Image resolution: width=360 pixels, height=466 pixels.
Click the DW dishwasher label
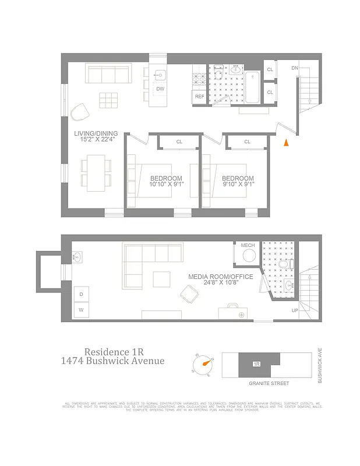point(160,89)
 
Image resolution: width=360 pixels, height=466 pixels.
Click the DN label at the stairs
point(295,68)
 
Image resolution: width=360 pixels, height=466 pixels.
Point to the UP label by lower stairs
point(295,310)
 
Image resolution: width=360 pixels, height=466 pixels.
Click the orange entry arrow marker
point(285,143)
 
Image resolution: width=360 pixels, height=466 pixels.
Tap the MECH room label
point(248,245)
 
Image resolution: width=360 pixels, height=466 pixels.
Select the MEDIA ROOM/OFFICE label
point(220,277)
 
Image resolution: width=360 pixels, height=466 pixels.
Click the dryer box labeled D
point(81,294)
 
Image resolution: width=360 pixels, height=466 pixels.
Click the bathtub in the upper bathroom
point(252,87)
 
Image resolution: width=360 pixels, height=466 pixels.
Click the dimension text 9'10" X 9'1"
point(238,185)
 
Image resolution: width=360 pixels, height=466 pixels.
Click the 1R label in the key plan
point(256,364)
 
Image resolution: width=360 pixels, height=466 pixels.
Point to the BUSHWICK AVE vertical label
point(320,365)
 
